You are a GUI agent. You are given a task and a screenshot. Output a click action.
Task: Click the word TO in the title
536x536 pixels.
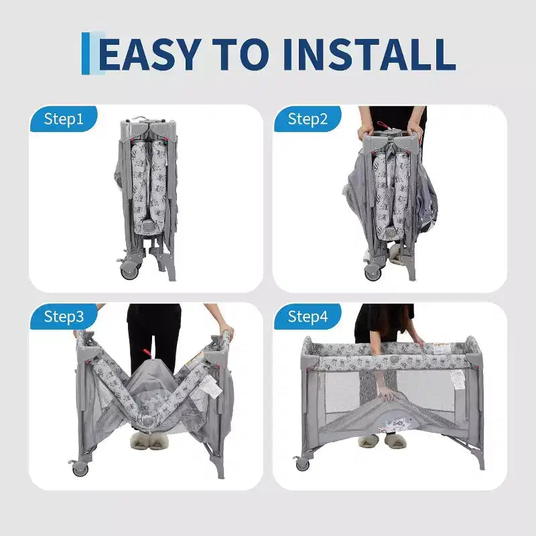241,54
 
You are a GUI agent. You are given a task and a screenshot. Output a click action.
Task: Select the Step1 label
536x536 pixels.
64,119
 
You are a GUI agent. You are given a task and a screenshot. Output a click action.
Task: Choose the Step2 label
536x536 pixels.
308,119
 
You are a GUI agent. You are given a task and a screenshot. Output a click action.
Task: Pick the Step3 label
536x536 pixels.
64,316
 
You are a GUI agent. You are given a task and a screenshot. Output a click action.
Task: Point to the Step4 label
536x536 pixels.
308,316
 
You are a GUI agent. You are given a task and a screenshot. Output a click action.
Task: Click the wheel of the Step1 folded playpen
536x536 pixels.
130,271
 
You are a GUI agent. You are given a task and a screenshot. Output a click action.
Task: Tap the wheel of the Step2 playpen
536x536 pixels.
373,273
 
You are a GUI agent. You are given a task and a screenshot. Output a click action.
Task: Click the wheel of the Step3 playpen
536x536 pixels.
80,468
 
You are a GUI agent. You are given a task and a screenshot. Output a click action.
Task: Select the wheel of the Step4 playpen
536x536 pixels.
303,464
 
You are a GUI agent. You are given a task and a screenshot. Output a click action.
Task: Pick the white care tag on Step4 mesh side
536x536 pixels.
458,380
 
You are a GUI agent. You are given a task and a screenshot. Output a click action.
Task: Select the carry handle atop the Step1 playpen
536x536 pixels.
141,119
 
